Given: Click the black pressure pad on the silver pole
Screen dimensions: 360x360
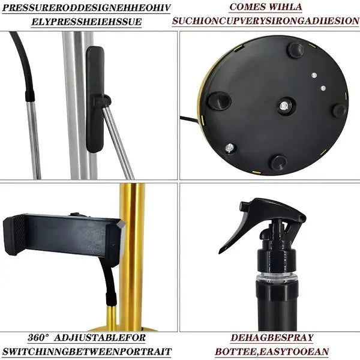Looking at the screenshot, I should click(x=95, y=99).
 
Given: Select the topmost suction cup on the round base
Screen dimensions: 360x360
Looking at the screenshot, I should click(x=295, y=49).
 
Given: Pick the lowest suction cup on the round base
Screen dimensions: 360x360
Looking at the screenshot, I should click(x=278, y=162).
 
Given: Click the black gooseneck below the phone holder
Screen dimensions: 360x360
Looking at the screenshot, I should click(x=110, y=294).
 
